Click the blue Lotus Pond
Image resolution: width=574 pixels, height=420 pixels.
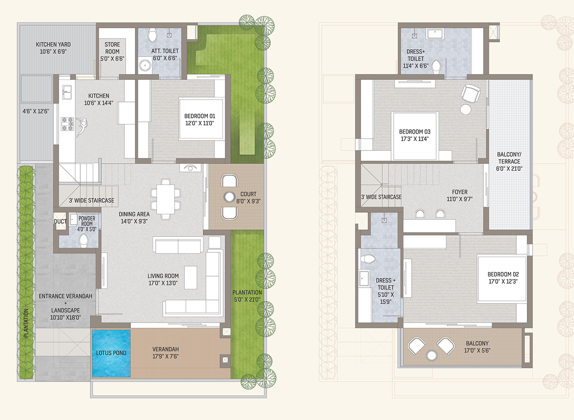click(111, 353)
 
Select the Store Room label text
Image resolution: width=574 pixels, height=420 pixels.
click(112, 52)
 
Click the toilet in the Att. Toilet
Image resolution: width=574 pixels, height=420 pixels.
click(152, 35)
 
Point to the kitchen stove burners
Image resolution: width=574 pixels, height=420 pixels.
click(67, 124)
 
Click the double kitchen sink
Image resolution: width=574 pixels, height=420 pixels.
click(67, 92)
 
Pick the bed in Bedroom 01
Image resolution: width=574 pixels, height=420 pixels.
click(201, 120)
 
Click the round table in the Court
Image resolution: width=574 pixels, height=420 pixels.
click(229, 197)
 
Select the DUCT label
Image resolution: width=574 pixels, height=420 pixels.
click(60, 221)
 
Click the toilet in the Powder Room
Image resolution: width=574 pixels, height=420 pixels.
click(83, 240)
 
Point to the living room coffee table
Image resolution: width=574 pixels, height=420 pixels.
click(190, 277)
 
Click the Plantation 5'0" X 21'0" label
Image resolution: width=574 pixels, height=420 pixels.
click(247, 296)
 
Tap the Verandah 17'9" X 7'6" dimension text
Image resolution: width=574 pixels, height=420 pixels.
click(165, 356)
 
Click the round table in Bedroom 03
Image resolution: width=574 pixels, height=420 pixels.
click(466, 109)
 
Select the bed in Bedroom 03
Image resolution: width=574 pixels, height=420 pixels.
click(415, 136)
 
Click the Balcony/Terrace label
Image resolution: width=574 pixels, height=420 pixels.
click(509, 161)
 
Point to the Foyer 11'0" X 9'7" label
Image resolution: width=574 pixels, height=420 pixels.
click(460, 195)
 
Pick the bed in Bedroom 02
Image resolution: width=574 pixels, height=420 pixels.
click(502, 279)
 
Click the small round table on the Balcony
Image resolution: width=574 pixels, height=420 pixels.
click(432, 356)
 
